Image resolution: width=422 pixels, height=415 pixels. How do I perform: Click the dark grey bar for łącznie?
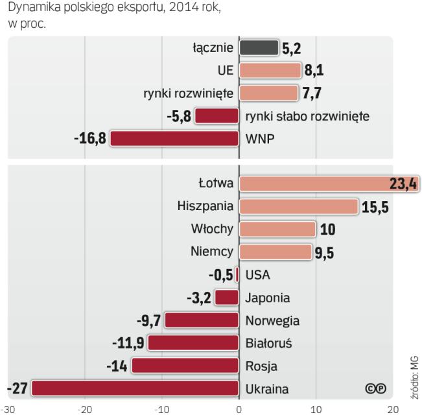click(x=259, y=48)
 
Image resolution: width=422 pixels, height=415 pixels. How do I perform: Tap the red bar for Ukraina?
click(x=135, y=388)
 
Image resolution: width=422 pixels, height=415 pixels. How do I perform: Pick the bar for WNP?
click(x=174, y=139)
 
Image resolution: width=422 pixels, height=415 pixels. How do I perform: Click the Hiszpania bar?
click(x=298, y=206)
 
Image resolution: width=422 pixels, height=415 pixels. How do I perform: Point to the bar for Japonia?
click(x=227, y=298)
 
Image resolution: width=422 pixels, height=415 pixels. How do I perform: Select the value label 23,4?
click(x=403, y=184)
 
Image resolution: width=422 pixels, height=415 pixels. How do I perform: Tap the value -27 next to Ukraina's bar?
click(x=17, y=389)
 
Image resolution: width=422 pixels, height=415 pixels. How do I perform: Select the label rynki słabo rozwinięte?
click(x=307, y=116)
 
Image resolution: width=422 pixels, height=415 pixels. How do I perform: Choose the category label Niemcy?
click(x=215, y=252)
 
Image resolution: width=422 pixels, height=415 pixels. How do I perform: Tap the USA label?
click(x=258, y=275)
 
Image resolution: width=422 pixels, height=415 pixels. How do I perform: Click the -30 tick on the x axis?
click(x=7, y=409)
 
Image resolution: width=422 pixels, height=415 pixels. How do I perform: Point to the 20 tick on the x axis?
click(x=393, y=409)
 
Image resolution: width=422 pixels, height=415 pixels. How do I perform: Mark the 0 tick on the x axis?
click(x=239, y=409)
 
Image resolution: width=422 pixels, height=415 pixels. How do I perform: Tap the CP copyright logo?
click(x=375, y=388)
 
